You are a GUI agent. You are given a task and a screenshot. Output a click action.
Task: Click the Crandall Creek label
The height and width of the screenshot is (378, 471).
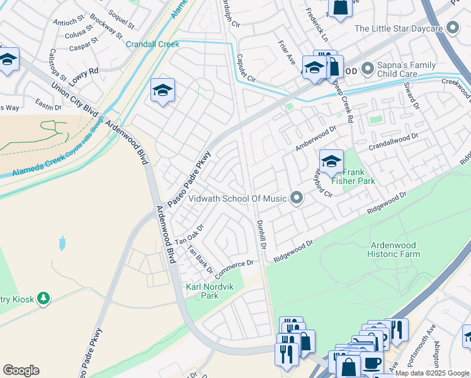click(x=152, y=44)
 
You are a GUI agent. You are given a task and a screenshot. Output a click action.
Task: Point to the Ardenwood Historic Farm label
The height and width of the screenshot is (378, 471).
click(x=395, y=249)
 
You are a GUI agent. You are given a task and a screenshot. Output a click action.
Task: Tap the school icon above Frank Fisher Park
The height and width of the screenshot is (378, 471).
click(x=331, y=161)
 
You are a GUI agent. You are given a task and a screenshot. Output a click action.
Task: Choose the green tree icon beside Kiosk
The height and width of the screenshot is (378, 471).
click(x=43, y=297)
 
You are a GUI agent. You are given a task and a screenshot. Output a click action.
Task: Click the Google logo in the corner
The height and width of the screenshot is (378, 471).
click(x=21, y=370)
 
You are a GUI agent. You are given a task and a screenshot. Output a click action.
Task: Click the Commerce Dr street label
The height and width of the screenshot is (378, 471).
click(x=234, y=270)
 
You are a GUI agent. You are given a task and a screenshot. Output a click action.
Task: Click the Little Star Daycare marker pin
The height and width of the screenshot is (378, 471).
click(x=452, y=28)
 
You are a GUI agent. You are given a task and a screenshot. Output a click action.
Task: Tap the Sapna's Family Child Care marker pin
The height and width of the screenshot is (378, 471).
click(x=368, y=67)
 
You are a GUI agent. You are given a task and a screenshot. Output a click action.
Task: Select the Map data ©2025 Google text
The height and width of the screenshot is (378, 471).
click(x=433, y=373)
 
